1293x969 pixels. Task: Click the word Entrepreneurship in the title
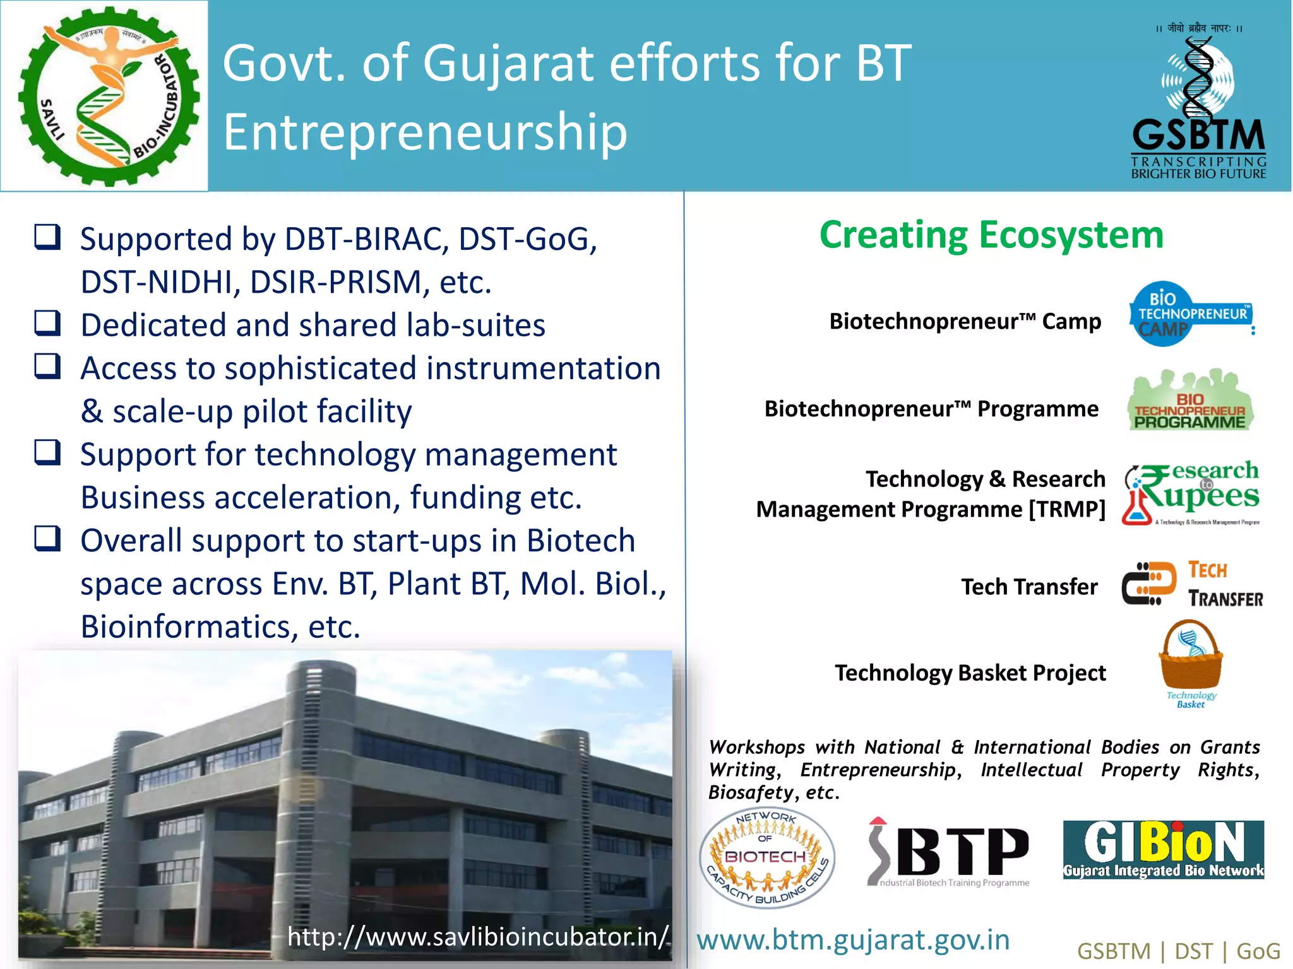(x=425, y=132)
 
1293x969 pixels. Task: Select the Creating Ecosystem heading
(x=991, y=235)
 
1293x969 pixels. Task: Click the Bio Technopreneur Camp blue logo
(x=1189, y=314)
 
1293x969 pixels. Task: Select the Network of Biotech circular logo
(x=767, y=857)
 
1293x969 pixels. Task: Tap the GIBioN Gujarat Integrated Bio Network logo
(x=1163, y=849)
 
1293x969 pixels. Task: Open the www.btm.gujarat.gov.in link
(x=853, y=940)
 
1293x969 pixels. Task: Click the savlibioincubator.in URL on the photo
(x=478, y=936)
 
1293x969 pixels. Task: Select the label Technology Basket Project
(x=970, y=673)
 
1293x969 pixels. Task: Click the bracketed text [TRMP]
(x=1067, y=509)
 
